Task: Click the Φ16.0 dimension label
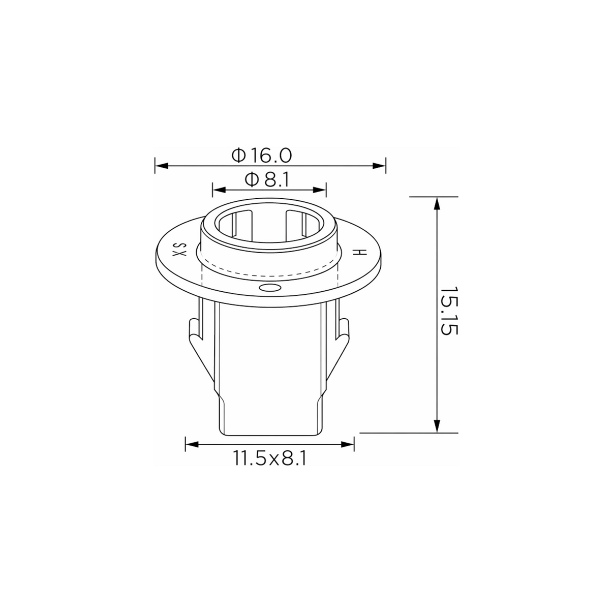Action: coord(261,156)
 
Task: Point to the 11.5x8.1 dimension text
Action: coord(270,458)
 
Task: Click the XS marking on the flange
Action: coord(179,249)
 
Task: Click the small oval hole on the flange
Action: coord(270,288)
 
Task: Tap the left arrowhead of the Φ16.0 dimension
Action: coord(161,166)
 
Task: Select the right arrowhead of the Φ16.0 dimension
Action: coord(379,166)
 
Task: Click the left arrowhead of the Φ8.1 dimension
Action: coord(219,190)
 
